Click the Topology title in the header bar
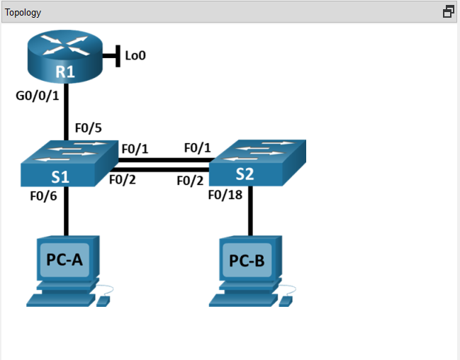[23, 12]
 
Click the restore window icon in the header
[448, 12]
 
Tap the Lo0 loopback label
[135, 55]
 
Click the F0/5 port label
[89, 129]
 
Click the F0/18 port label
[226, 196]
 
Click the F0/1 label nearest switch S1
[135, 149]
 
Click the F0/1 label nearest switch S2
[198, 148]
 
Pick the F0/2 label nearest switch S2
[191, 180]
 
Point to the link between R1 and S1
[66, 113]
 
